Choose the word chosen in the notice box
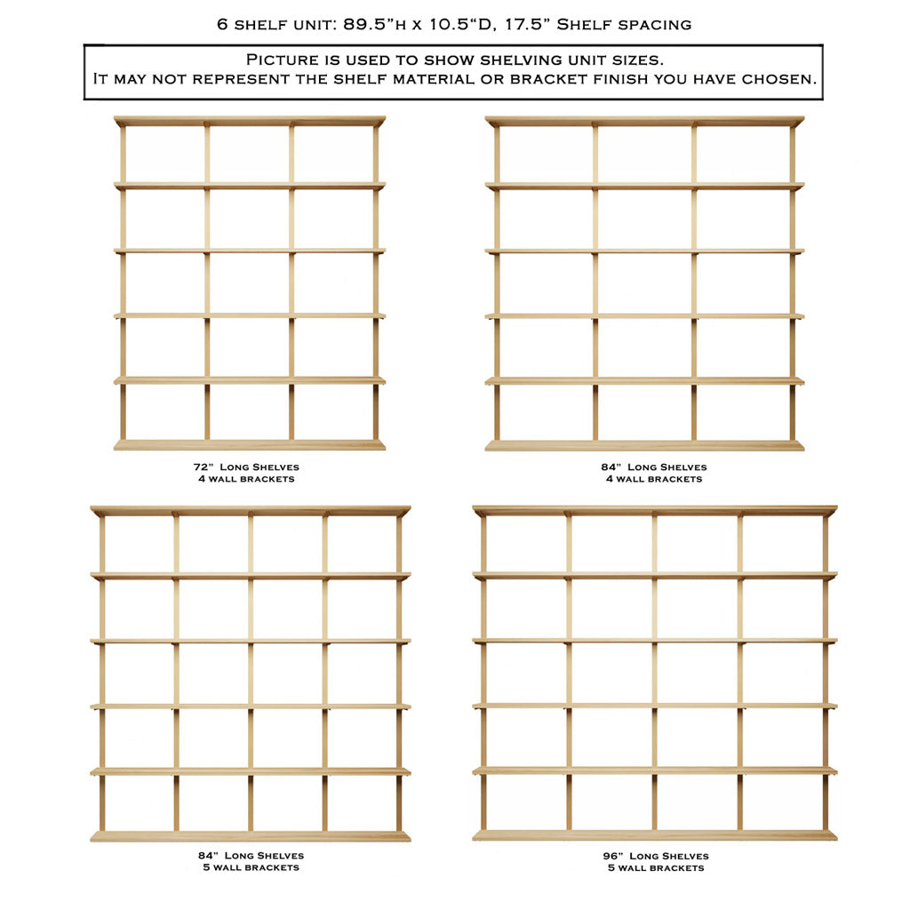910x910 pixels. (x=782, y=79)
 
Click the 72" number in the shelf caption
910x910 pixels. (x=202, y=467)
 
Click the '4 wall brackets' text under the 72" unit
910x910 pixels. (x=246, y=479)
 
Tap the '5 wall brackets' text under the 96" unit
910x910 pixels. (x=655, y=867)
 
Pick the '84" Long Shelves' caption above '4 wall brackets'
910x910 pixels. (x=654, y=467)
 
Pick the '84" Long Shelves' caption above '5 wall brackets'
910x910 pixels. (x=251, y=856)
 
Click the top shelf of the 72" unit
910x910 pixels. (x=249, y=121)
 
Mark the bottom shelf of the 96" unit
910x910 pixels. (x=654, y=835)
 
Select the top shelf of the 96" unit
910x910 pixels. (x=654, y=511)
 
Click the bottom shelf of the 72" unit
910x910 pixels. (x=249, y=444)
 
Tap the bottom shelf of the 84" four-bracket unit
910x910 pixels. (x=644, y=445)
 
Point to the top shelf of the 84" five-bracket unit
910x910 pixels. (x=250, y=511)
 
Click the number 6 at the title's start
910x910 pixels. (x=221, y=24)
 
